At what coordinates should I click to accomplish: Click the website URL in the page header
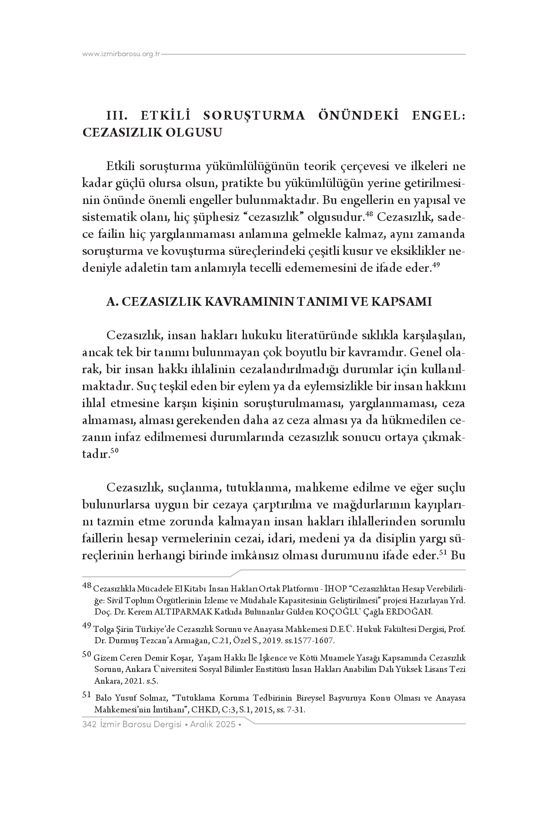pos(122,54)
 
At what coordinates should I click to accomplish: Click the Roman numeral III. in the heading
pos(117,116)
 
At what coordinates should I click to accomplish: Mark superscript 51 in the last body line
pos(444,553)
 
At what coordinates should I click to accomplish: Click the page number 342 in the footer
pos(89,725)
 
